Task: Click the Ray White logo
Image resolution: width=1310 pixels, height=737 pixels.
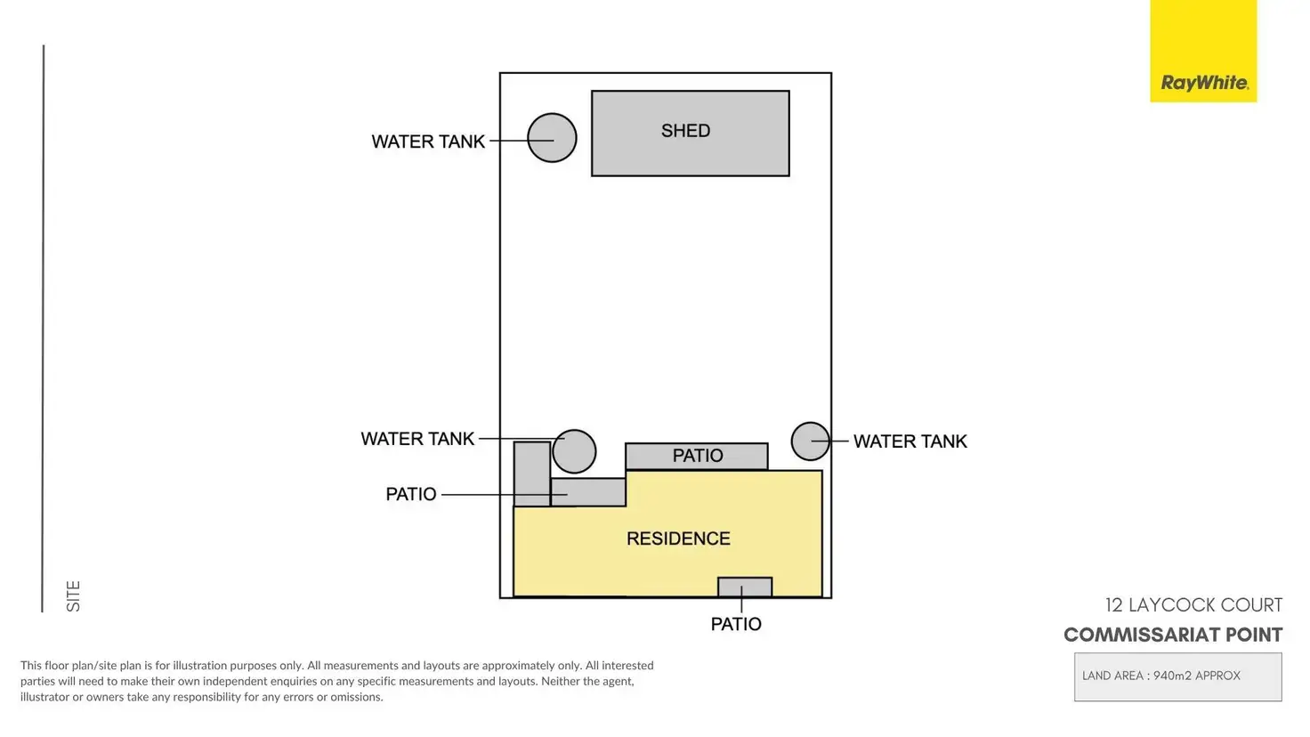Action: (1203, 82)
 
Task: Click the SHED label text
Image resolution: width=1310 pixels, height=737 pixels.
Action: (685, 131)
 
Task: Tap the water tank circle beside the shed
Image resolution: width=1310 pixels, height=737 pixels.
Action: (552, 138)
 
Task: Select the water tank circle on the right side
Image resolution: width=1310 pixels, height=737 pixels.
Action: (810, 441)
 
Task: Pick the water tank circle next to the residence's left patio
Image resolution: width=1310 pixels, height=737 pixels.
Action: (574, 451)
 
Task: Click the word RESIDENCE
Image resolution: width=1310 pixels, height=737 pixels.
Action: (678, 539)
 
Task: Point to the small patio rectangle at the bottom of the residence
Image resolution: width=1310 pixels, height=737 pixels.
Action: (745, 587)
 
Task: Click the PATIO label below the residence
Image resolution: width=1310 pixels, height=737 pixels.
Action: (736, 624)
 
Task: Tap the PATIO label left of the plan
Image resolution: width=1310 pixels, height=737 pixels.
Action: (410, 494)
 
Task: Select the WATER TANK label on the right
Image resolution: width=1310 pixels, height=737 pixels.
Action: (910, 441)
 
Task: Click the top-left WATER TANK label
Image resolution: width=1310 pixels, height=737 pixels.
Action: (428, 142)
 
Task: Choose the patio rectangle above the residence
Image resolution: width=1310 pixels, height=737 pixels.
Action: (696, 456)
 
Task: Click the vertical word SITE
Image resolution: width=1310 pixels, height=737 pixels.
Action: (73, 595)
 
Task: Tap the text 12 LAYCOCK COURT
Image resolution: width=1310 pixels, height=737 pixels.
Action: (1193, 605)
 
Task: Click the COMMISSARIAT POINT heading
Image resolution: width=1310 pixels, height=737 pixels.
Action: (1172, 635)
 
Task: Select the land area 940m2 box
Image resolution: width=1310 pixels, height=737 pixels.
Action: (1177, 676)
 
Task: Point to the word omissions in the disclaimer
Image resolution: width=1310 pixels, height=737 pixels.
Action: (357, 697)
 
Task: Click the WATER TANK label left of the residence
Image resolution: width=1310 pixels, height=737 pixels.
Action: (417, 439)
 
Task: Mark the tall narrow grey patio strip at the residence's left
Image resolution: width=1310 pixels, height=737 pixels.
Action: (531, 474)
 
